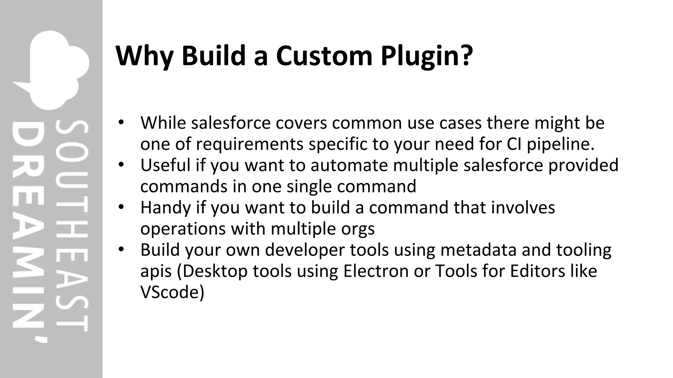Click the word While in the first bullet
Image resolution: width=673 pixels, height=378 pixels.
pyautogui.click(x=163, y=123)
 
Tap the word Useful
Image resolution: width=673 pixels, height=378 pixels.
pyautogui.click(x=165, y=165)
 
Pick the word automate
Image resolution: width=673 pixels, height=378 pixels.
pyautogui.click(x=349, y=165)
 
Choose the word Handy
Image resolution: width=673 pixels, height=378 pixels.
pyautogui.click(x=166, y=208)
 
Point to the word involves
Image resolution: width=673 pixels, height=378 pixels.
pyautogui.click(x=523, y=207)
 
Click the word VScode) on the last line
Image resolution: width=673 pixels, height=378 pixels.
pyautogui.click(x=172, y=292)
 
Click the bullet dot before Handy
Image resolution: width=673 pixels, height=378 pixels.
pyautogui.click(x=121, y=207)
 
